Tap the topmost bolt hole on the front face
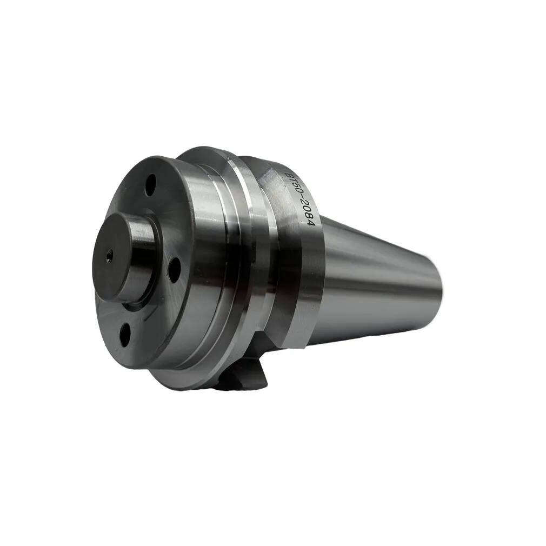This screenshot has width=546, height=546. coord(151,182)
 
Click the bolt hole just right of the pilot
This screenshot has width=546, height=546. coord(174,270)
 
